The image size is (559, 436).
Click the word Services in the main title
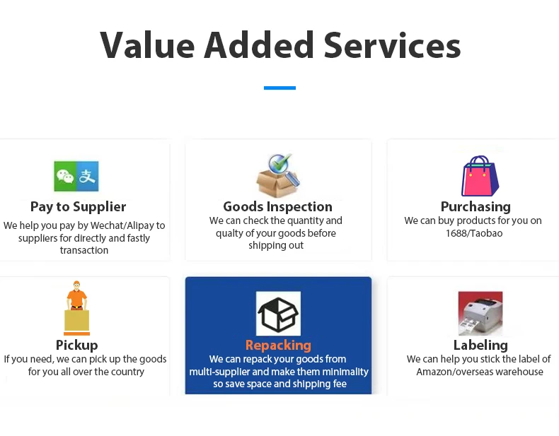[392, 45]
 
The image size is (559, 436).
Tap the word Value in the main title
[147, 45]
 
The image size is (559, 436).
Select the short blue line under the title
[279, 88]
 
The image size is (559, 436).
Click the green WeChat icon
[65, 176]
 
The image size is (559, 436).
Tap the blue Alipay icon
[87, 176]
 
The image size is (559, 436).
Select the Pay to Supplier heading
[78, 206]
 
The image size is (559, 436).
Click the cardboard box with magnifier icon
[278, 176]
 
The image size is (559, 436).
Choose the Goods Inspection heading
[277, 206]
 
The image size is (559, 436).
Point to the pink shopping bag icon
[480, 176]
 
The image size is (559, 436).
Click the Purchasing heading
[476, 206]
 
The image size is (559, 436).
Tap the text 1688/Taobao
[474, 233]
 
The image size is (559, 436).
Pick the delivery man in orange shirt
[76, 297]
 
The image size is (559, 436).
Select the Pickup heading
[76, 345]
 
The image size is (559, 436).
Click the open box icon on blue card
[278, 313]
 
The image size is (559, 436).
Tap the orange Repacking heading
[278, 345]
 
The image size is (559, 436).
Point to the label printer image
[480, 313]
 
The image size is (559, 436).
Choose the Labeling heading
[480, 345]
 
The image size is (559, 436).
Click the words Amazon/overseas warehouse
[480, 372]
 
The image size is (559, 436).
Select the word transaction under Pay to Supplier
[84, 250]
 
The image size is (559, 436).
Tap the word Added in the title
[259, 45]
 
